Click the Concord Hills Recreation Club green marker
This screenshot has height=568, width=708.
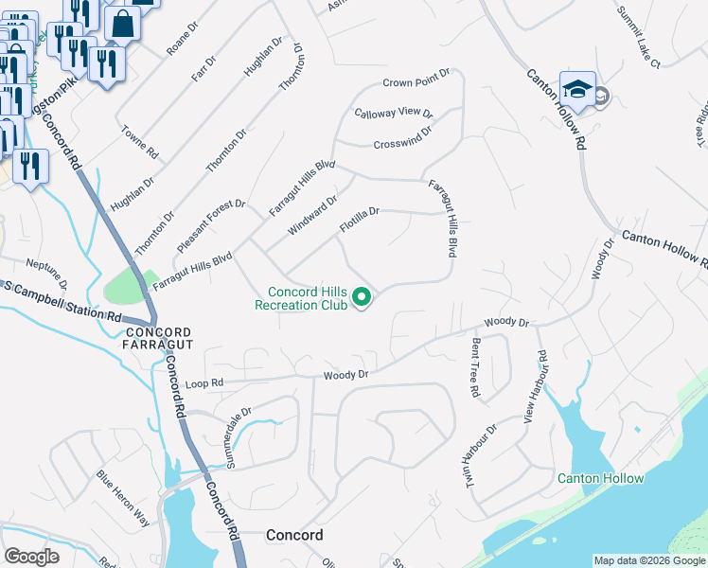tap(361, 298)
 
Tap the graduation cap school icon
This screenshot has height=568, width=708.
tap(576, 89)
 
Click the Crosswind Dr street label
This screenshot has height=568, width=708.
tap(401, 138)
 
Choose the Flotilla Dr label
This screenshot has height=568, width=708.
tap(359, 220)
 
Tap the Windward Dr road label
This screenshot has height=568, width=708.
tap(312, 216)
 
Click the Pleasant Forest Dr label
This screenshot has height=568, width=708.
tap(210, 224)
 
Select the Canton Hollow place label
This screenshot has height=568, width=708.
tap(600, 478)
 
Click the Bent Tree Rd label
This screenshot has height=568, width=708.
tap(473, 368)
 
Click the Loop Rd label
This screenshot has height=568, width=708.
tap(204, 383)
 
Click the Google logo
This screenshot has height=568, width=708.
tap(32, 556)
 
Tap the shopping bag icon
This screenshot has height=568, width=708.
tap(122, 22)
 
